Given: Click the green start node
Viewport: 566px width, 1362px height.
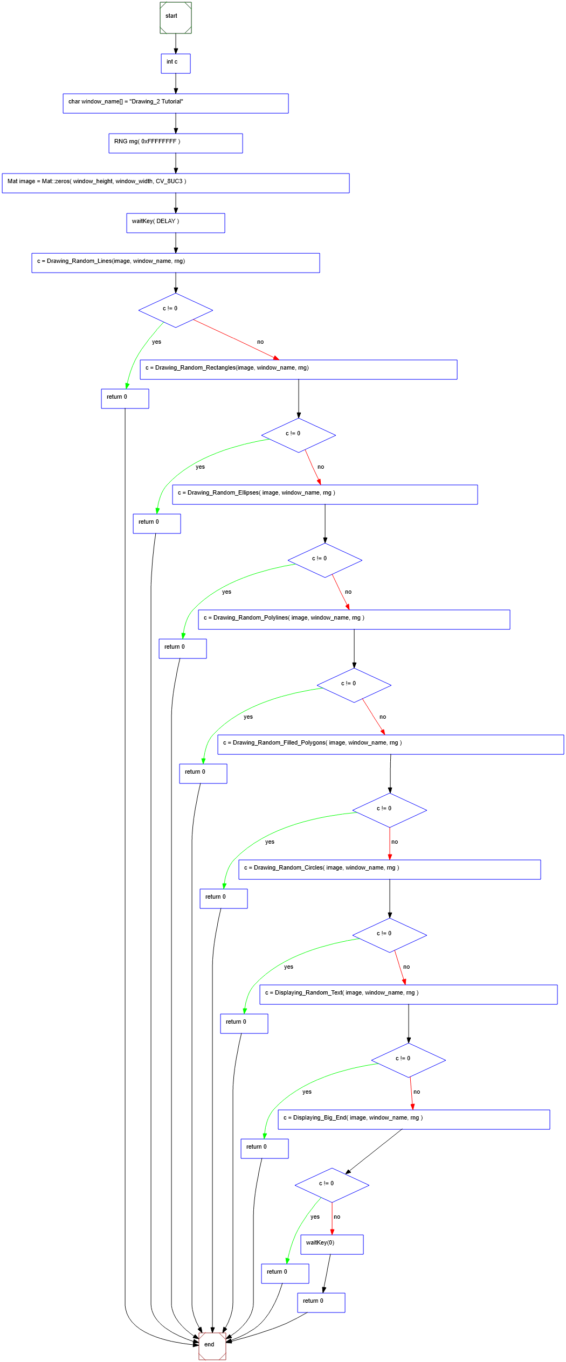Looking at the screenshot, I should click(176, 18).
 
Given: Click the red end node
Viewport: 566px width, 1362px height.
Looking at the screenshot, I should click(212, 1346).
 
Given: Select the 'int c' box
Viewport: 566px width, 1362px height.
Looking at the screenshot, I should click(176, 64).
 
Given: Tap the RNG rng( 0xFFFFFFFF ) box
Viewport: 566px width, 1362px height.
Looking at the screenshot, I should click(176, 143).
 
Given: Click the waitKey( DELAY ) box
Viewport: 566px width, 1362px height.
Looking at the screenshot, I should click(176, 223).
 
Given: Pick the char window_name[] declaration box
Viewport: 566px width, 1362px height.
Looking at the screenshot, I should click(176, 103).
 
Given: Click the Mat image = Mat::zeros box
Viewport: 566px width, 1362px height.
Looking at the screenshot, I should click(176, 183).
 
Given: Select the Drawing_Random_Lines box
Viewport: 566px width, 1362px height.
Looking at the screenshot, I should click(176, 263).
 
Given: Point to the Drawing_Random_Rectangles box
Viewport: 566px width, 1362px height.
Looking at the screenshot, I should click(299, 370).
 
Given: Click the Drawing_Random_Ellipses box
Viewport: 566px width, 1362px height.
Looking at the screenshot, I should click(325, 495).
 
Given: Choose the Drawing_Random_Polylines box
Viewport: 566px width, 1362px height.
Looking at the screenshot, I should click(354, 620).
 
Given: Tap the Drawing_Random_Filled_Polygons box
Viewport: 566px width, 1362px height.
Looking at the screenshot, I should click(391, 745).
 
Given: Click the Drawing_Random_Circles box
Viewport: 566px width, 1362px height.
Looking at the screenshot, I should click(390, 870).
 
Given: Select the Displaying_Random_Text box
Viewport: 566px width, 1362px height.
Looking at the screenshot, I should click(409, 995).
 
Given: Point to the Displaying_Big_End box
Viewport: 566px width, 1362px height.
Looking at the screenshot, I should click(414, 1120).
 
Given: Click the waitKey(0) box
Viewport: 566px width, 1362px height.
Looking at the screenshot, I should click(332, 1245).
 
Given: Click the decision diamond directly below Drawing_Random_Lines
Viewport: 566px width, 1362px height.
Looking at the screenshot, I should click(176, 310).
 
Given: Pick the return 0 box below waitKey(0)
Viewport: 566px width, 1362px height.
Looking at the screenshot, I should click(321, 1303).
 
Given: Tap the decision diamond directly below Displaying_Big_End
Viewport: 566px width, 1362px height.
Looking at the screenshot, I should click(332, 1185).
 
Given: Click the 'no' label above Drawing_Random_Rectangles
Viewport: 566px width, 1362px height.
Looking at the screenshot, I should click(260, 342).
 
